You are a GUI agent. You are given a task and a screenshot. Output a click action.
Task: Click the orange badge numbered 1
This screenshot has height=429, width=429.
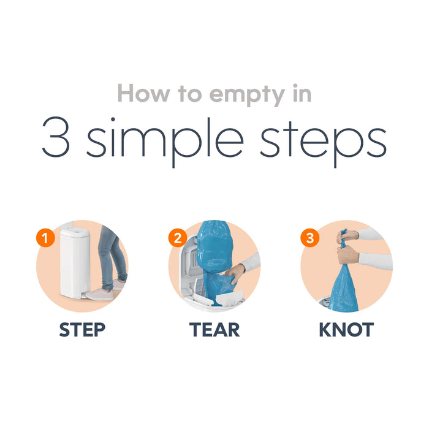point(45,238)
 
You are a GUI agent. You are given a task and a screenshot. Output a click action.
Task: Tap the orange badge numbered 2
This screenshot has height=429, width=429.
point(178,238)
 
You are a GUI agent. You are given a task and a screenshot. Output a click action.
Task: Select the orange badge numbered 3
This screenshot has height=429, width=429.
point(309,238)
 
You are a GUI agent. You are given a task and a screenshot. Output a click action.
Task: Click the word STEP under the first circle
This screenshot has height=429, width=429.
point(82,330)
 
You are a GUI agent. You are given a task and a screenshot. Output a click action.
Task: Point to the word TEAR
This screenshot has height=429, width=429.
point(214,330)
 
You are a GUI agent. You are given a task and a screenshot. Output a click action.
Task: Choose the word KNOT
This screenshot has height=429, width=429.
point(346,330)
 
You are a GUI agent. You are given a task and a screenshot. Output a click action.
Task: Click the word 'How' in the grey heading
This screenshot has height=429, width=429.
point(144,94)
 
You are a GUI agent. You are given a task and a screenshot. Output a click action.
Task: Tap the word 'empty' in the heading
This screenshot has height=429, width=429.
point(247,96)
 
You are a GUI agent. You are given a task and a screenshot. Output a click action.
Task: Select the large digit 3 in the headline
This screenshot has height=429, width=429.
point(56,137)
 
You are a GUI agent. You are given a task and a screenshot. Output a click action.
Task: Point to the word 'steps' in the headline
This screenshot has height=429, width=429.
point(323,141)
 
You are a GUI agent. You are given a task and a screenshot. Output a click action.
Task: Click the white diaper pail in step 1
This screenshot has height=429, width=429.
point(75,262)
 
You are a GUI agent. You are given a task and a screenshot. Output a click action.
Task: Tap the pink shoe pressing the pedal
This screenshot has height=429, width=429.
point(99,295)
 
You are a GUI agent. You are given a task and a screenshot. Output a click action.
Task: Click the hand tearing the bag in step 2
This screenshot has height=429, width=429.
point(234,273)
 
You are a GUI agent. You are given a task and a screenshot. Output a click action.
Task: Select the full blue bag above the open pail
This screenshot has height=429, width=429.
point(214,247)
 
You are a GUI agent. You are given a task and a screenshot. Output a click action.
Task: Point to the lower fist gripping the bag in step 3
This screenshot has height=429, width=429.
point(348,255)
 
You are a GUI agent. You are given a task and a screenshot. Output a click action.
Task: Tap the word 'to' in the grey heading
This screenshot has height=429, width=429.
point(189,94)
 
